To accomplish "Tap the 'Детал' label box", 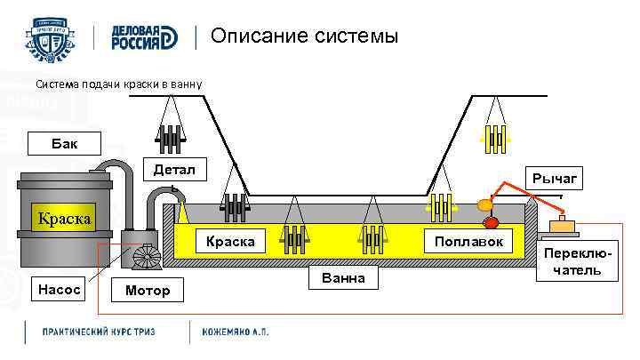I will click(x=174, y=169).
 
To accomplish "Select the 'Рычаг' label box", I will click(x=555, y=179).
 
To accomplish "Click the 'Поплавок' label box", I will click(x=468, y=242).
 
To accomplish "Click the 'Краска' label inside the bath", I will click(x=230, y=241).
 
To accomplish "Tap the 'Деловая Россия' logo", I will click(x=145, y=36).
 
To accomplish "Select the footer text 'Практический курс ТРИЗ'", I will click(x=100, y=332).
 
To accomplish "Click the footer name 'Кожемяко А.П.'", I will click(x=235, y=332).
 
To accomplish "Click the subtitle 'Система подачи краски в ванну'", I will click(x=119, y=84).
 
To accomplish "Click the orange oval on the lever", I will click(x=485, y=204).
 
